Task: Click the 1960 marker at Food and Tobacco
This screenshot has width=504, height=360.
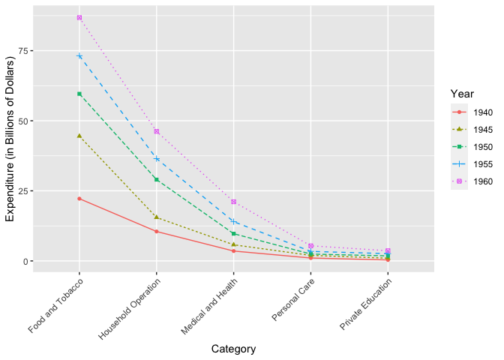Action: [x=79, y=17]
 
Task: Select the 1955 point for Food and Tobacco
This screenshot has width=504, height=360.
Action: [x=79, y=56]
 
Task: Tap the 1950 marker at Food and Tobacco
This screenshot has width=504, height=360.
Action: [x=79, y=94]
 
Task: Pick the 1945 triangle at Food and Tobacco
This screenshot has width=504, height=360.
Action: [x=79, y=136]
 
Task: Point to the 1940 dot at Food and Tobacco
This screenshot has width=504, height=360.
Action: [x=79, y=199]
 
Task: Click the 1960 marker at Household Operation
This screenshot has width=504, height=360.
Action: [x=156, y=131]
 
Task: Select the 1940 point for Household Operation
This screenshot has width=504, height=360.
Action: [x=156, y=231]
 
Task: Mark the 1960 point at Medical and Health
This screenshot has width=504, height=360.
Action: [x=234, y=202]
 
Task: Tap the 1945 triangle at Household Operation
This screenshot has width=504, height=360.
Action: [x=156, y=217]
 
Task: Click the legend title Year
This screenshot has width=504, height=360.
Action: [x=462, y=93]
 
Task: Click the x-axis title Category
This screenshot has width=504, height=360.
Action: [x=233, y=349]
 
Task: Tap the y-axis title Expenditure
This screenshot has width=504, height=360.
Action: [x=10, y=139]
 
